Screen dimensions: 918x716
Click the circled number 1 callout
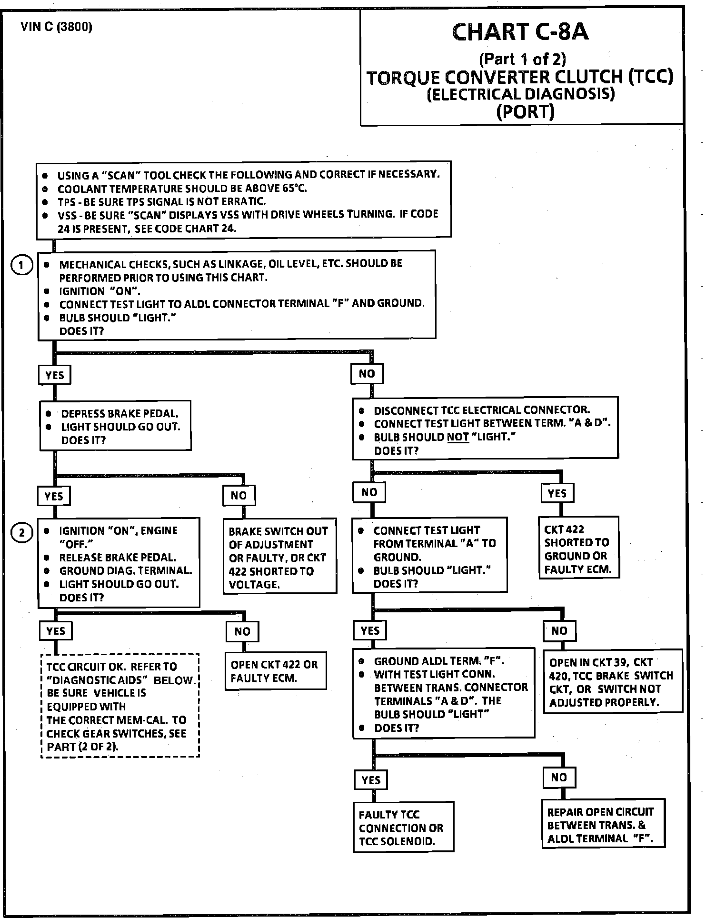pos(21,265)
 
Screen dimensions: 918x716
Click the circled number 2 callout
pos(21,533)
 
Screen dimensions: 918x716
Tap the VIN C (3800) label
pos(56,27)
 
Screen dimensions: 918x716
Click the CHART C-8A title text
pos(520,32)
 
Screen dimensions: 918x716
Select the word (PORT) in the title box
pos(525,111)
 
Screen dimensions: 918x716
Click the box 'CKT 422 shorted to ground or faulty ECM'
pos(578,549)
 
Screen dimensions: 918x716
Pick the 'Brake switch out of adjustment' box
pos(279,558)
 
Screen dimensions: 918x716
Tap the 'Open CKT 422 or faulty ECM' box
pos(276,671)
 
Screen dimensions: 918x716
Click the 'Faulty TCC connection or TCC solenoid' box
pos(403,828)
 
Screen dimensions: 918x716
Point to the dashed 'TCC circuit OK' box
pos(119,706)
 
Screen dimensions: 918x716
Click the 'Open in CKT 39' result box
pos(612,682)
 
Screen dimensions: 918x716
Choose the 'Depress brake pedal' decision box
pos(115,426)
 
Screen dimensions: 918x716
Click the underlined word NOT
pos(458,437)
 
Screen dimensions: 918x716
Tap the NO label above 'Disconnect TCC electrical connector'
pos(367,374)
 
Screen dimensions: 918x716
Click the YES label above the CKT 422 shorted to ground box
pos(557,493)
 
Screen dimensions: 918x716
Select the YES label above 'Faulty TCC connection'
pos(371,780)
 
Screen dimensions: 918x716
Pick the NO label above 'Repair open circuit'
pos(559,778)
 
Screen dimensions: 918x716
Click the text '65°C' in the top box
pos(295,188)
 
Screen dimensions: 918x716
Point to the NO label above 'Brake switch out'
pos(239,496)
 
